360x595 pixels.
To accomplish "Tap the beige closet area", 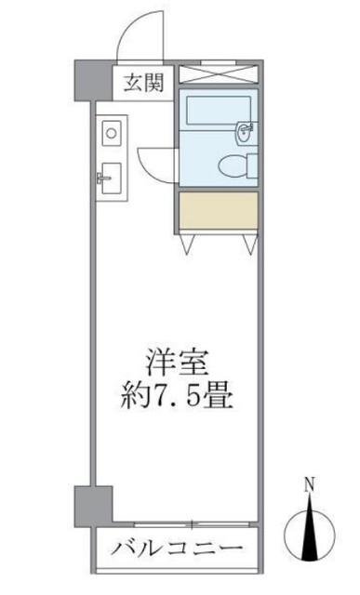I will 217,212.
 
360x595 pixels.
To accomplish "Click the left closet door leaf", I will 190,242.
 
